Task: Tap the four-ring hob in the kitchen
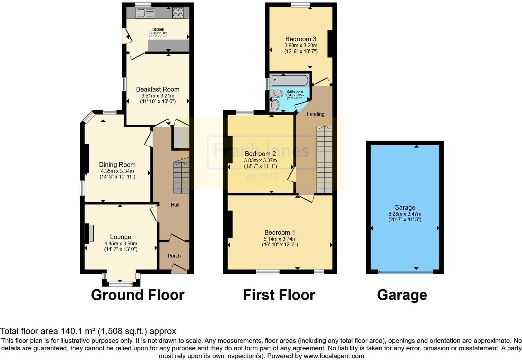178,13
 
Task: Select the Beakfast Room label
158,89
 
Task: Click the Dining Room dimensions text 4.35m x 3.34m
117,171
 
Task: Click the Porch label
174,256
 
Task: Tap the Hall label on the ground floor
175,205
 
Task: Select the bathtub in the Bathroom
290,81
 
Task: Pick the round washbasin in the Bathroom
275,105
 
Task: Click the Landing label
315,114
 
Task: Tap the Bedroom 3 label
301,39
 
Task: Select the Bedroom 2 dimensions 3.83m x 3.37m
260,160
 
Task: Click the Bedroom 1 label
279,232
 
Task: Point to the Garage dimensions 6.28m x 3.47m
405,214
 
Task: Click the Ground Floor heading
137,295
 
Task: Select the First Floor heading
279,295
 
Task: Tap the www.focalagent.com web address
333,356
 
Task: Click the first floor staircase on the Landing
325,159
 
